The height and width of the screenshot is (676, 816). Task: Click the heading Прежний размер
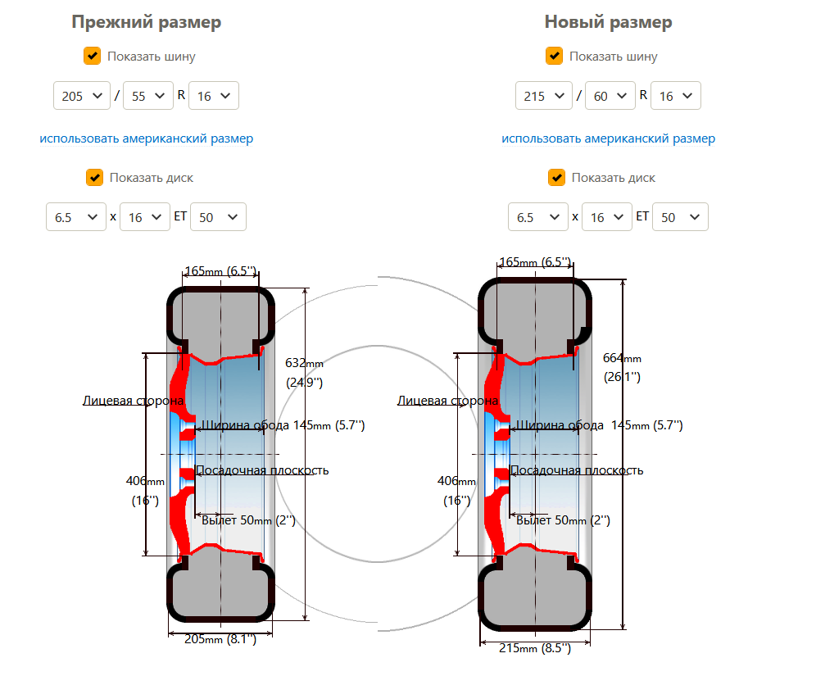point(146,22)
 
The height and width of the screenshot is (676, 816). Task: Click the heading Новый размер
point(609,22)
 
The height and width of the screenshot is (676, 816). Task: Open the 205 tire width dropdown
point(82,96)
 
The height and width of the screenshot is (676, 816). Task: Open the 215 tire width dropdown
point(544,96)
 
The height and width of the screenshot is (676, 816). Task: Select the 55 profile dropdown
point(147,96)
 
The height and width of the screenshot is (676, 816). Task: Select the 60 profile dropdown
point(610,96)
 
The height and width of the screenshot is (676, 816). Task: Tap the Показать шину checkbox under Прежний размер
point(92,56)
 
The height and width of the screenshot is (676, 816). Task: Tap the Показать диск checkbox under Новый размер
point(556,178)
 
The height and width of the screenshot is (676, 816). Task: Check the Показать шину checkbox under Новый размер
point(554,56)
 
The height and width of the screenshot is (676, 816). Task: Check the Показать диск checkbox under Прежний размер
point(94,178)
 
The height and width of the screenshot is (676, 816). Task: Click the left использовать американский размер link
point(146,138)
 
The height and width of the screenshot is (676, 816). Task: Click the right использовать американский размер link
point(609,138)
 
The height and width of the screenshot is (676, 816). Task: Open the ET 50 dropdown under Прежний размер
point(218,217)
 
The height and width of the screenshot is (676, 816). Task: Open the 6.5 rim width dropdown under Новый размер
point(538,217)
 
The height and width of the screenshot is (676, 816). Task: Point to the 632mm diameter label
point(305,364)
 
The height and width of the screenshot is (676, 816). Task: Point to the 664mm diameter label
point(622,359)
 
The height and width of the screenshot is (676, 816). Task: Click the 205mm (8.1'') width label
point(220,639)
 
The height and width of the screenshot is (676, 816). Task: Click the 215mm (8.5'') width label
point(535,648)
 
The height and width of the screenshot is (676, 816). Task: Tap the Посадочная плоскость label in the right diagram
point(577,470)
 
